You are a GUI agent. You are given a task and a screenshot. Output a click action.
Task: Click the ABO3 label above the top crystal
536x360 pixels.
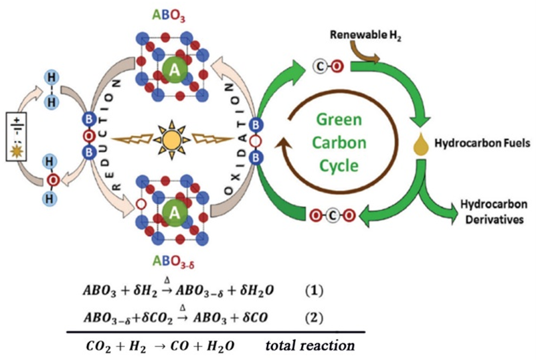173,14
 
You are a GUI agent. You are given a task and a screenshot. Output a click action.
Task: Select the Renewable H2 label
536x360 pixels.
361,33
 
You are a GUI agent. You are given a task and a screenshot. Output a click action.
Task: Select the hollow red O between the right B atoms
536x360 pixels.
256,141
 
